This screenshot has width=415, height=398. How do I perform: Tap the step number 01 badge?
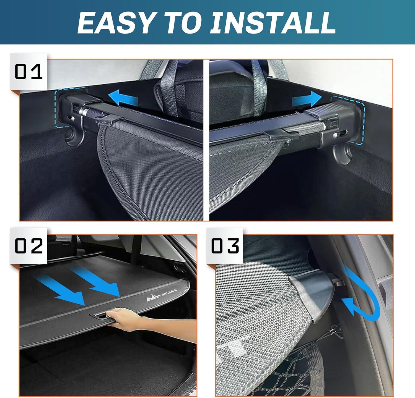28,72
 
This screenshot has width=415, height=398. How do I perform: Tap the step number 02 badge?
28,246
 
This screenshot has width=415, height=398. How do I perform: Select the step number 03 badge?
225,246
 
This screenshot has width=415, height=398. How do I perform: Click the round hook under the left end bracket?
72,136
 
